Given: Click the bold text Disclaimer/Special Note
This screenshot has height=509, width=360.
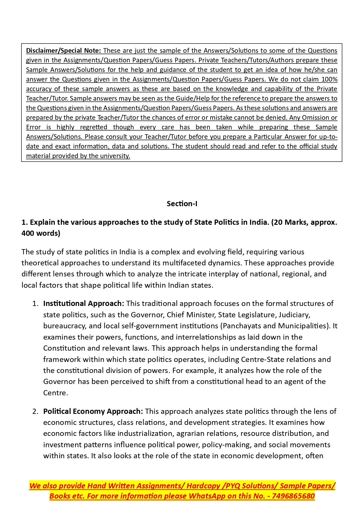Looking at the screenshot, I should click(x=63, y=50).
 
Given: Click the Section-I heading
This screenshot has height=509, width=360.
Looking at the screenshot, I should click(x=182, y=204).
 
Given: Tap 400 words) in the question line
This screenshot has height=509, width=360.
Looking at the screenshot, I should click(x=41, y=233).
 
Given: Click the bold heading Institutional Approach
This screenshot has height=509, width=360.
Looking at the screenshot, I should click(x=84, y=303).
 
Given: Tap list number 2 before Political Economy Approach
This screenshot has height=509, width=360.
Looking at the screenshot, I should click(x=35, y=411).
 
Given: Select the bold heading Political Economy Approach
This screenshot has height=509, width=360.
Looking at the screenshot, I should click(x=93, y=411).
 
